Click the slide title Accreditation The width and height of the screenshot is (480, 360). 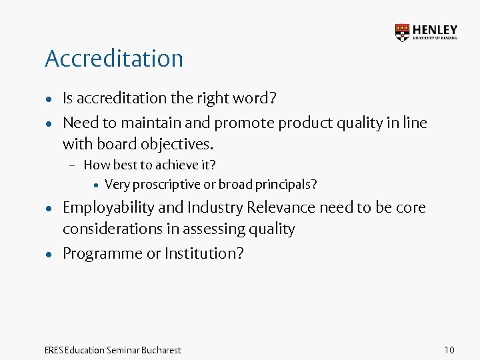(x=113, y=59)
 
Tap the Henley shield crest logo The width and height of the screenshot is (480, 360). (x=403, y=33)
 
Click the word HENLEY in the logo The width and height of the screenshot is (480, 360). (x=435, y=29)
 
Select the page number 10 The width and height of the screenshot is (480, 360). (x=449, y=350)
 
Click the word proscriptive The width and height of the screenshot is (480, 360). (x=163, y=185)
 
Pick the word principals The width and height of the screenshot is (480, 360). (x=287, y=185)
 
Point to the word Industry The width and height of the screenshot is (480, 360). (x=216, y=208)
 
